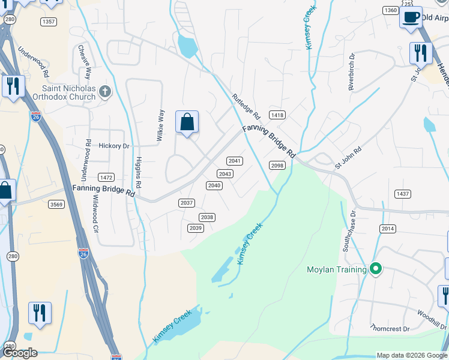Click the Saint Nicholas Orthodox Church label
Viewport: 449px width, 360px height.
(68, 92)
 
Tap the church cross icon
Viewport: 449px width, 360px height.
(105, 92)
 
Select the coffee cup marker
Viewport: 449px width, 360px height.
(411, 17)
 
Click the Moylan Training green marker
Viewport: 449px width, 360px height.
(376, 269)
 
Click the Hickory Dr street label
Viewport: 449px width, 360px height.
(114, 146)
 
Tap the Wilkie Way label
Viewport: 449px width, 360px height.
(160, 125)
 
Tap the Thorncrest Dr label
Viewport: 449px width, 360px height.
(390, 329)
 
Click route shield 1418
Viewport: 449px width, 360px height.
(277, 115)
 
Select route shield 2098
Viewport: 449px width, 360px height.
(277, 166)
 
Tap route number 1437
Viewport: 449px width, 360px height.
(402, 194)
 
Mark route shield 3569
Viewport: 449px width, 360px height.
(56, 205)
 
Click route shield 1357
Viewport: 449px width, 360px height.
(49, 22)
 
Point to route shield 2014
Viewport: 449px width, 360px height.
(388, 229)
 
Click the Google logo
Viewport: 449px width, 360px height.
(19, 353)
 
